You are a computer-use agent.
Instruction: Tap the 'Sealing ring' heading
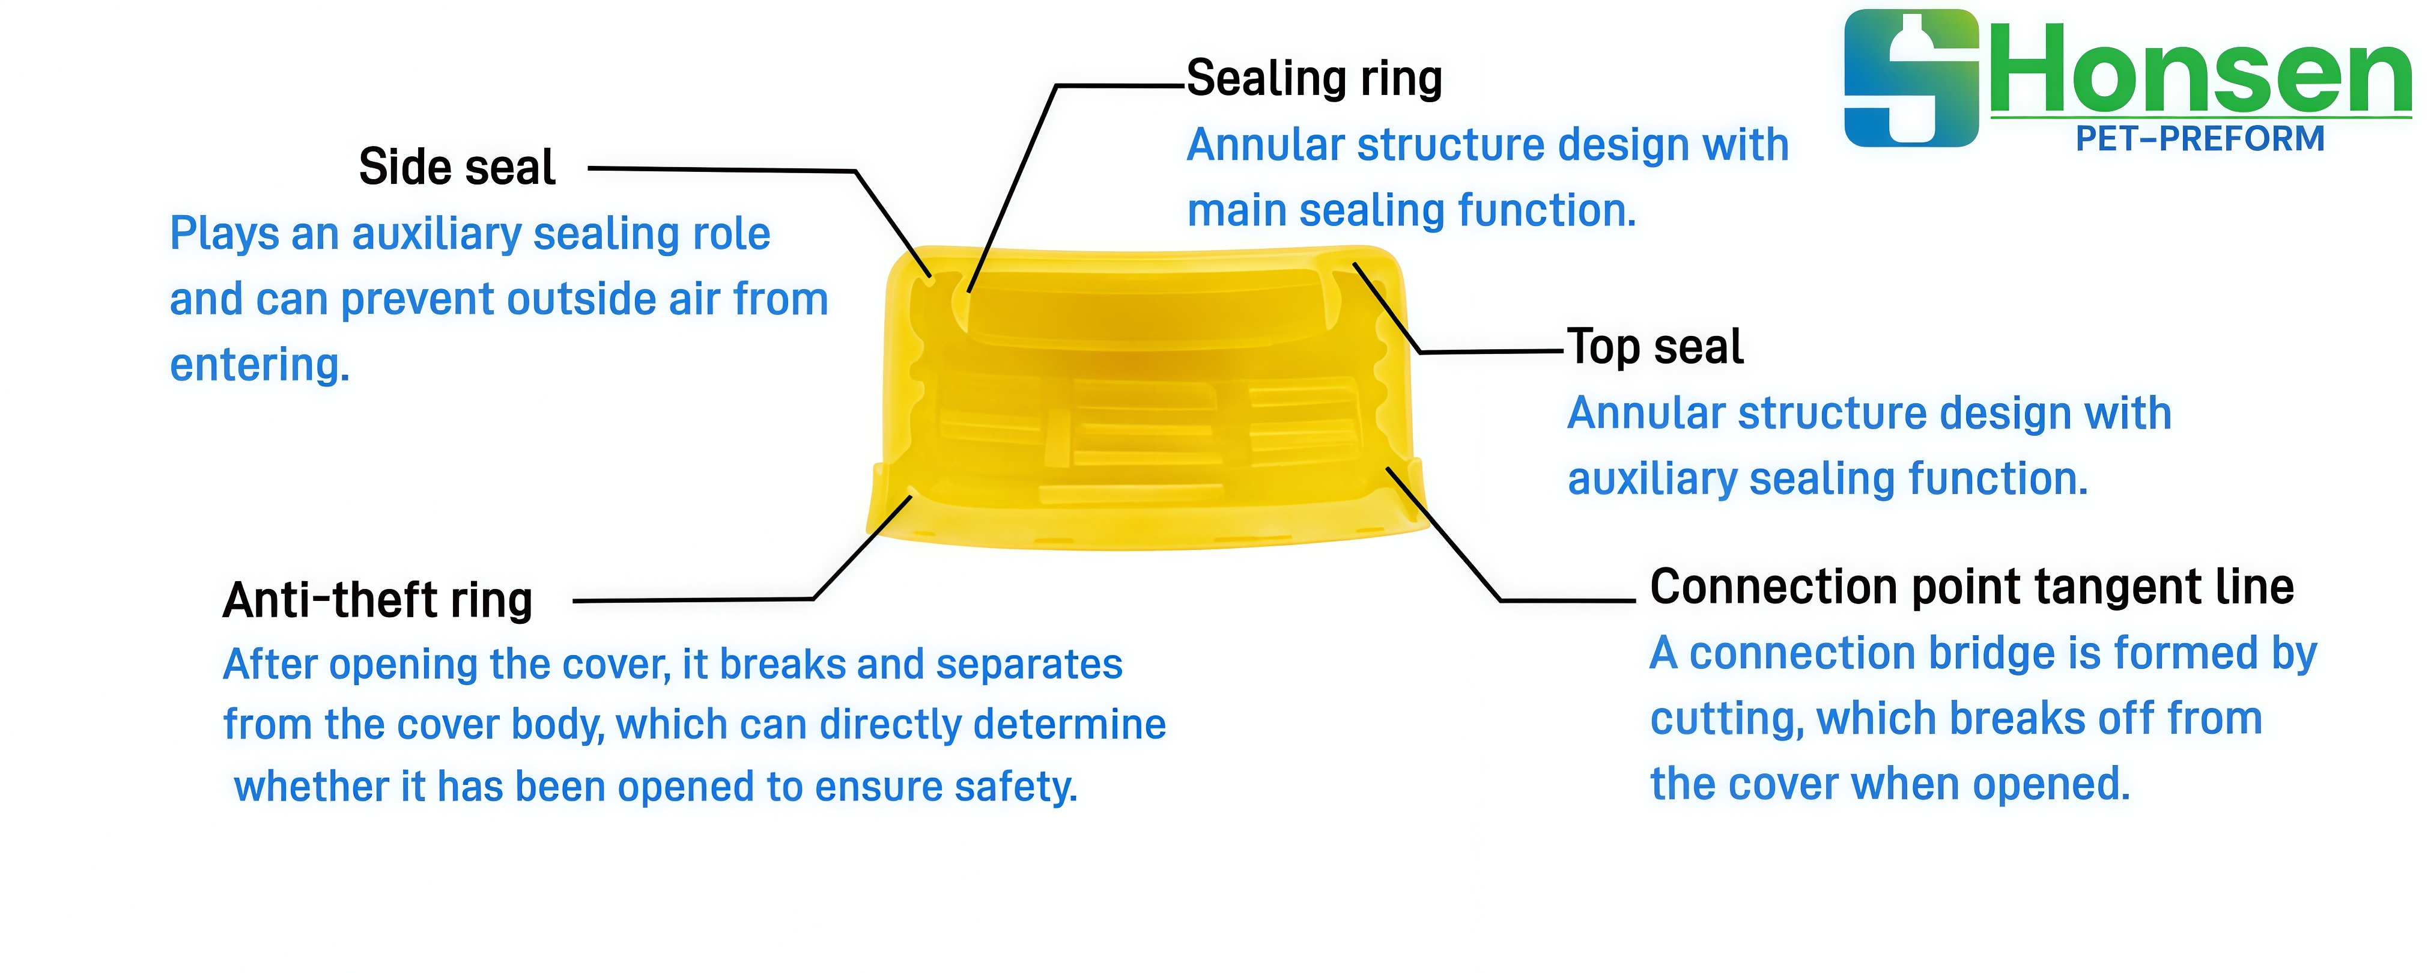1314,78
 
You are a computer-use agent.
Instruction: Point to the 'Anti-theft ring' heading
377,600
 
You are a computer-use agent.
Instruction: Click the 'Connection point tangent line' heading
1972,587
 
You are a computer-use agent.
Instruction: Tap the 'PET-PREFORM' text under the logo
2200,139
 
